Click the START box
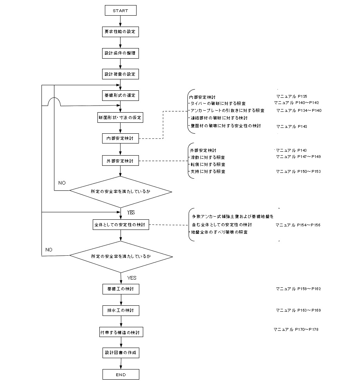click(120, 11)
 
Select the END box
click(121, 375)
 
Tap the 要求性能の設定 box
click(120, 32)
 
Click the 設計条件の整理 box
click(120, 53)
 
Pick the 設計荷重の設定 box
click(120, 74)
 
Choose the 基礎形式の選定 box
click(120, 95)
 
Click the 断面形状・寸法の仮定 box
click(120, 117)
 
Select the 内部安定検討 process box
click(120, 138)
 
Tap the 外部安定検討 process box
click(120, 161)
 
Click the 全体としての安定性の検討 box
click(120, 225)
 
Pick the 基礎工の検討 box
click(120, 289)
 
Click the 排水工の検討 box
click(120, 310)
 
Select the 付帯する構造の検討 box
click(120, 333)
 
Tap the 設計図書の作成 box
click(120, 353)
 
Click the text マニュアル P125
click(291, 95)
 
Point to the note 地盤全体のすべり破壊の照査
click(219, 232)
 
